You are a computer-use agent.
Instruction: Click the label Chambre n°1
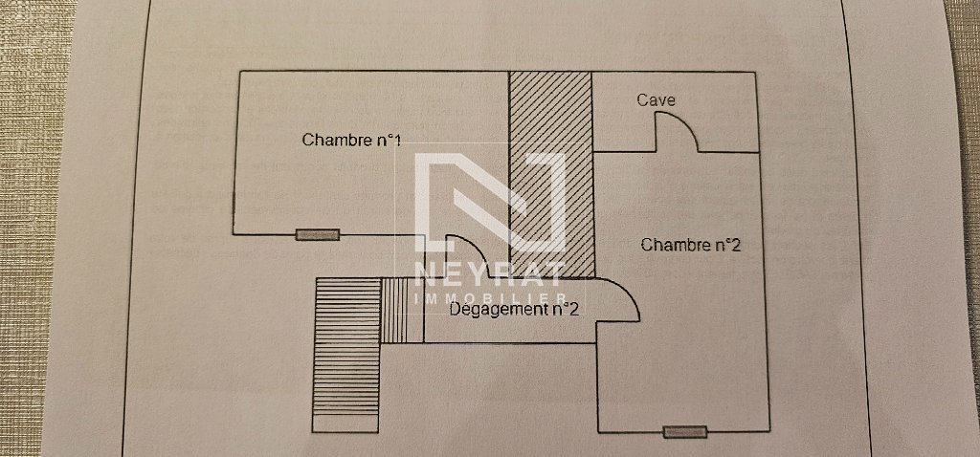[350, 140]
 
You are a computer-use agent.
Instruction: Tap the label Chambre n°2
[691, 245]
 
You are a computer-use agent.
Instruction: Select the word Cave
[657, 100]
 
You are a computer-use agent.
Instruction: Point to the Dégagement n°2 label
[514, 308]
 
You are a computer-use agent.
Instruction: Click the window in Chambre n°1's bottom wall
[318, 234]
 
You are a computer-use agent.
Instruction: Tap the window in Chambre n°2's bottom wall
[685, 432]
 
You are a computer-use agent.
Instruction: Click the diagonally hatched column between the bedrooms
[550, 172]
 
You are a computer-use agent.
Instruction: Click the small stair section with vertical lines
[402, 310]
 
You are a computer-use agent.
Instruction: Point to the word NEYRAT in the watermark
[490, 275]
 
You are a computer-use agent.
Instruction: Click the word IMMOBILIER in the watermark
[489, 299]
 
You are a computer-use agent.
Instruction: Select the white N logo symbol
[489, 201]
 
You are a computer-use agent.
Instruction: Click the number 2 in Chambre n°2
[735, 245]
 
